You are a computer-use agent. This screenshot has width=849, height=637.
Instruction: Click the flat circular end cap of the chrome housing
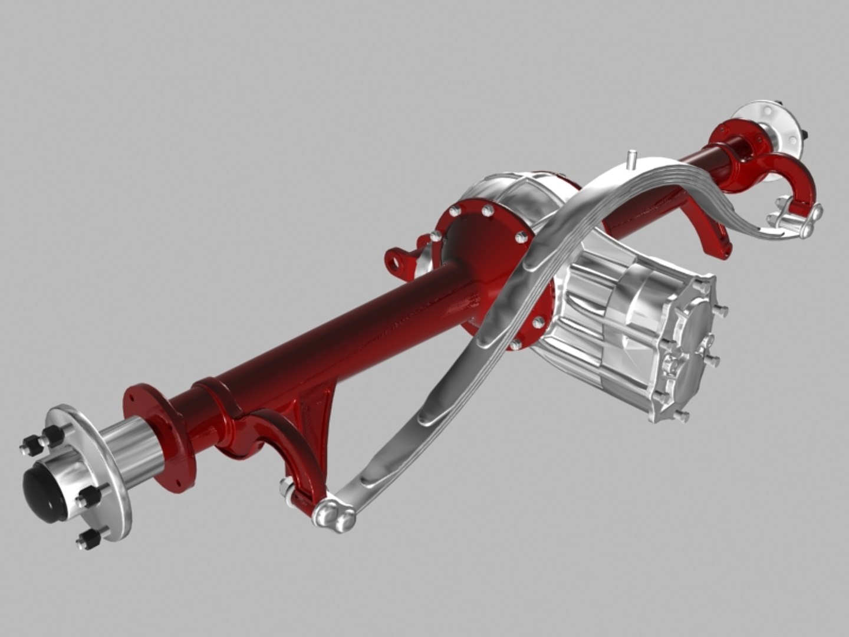696,354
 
